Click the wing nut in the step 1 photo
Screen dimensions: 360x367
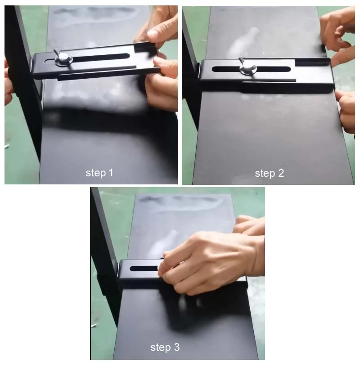tap(63, 58)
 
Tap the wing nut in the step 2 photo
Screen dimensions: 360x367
tap(247, 67)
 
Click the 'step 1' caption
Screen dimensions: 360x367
tap(99, 173)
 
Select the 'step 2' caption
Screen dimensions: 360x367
tap(270, 174)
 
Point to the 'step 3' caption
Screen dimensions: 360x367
tap(165, 347)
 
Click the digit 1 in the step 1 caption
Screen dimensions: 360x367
tap(111, 173)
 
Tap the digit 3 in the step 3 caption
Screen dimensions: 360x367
tap(177, 347)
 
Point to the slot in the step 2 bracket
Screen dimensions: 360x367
tap(251, 69)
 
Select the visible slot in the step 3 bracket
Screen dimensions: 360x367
tap(144, 268)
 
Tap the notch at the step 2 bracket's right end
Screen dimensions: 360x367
tap(312, 62)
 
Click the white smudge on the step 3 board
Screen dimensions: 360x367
tap(164, 243)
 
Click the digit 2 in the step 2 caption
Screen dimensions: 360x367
tap(281, 173)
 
